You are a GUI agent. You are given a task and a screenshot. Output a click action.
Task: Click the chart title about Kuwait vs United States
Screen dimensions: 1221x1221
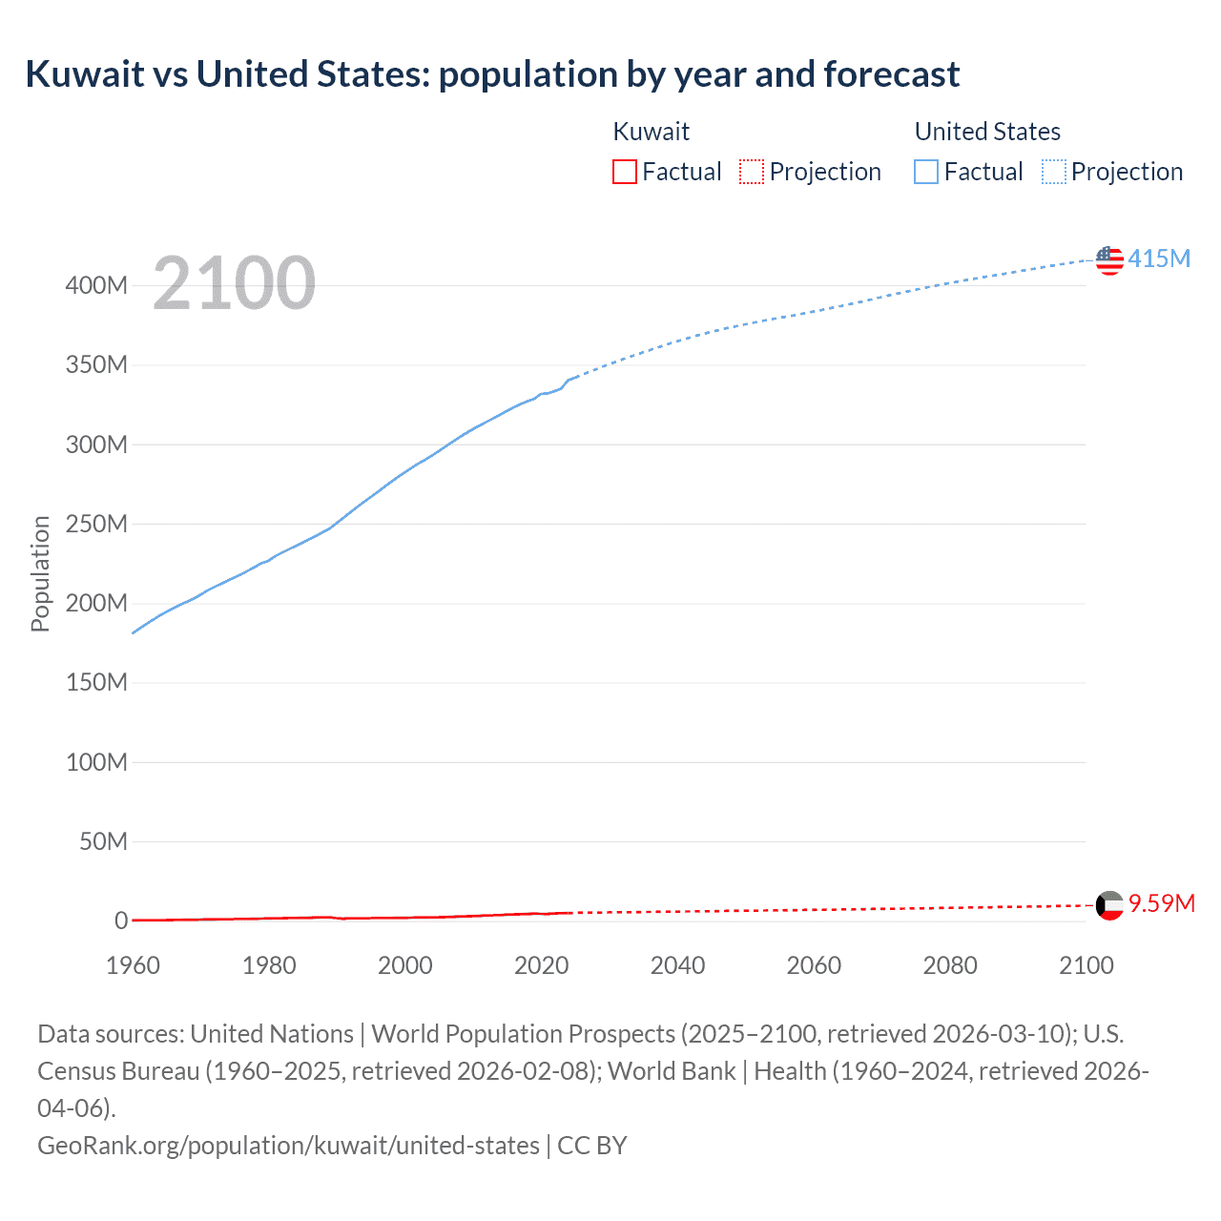click(x=492, y=74)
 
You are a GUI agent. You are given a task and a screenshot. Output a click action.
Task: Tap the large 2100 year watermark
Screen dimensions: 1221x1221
click(x=234, y=283)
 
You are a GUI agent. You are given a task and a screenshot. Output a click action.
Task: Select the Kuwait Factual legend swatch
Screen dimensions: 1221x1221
click(x=625, y=172)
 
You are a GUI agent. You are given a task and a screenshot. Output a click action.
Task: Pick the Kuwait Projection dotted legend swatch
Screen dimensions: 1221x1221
click(x=752, y=172)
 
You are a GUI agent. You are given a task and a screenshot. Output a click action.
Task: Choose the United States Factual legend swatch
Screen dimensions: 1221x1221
click(x=926, y=172)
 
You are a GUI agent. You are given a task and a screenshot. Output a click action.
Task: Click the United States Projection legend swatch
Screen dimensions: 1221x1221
click(x=1054, y=172)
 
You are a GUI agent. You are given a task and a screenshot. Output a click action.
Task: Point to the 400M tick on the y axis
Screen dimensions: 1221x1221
click(x=96, y=285)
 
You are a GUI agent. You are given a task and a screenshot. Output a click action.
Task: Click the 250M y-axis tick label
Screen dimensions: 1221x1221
click(x=96, y=524)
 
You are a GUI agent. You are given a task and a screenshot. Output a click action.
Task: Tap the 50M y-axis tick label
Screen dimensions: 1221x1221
click(x=103, y=841)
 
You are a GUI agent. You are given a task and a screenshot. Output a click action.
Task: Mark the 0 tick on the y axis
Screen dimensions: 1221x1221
click(x=121, y=921)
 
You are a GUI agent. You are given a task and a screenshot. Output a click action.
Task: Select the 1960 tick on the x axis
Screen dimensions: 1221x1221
click(x=133, y=965)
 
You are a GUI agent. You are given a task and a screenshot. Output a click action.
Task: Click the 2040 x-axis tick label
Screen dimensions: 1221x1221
click(x=677, y=965)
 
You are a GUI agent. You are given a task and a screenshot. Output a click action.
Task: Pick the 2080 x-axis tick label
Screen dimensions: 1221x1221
click(x=950, y=965)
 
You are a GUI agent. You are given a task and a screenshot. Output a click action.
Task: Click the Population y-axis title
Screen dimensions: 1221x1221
click(x=40, y=573)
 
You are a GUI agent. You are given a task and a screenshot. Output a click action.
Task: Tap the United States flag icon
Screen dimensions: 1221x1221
click(x=1109, y=260)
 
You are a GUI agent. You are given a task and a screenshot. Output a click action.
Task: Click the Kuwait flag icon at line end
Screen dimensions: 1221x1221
click(x=1109, y=905)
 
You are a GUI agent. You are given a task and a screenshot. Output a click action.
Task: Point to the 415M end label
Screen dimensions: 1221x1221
click(x=1159, y=259)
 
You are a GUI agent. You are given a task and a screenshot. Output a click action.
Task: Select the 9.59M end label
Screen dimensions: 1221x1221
click(x=1162, y=903)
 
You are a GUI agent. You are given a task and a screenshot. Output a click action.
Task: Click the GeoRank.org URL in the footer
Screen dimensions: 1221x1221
click(x=288, y=1145)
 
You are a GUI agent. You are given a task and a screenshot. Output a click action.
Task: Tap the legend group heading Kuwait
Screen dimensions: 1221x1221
click(x=651, y=132)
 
